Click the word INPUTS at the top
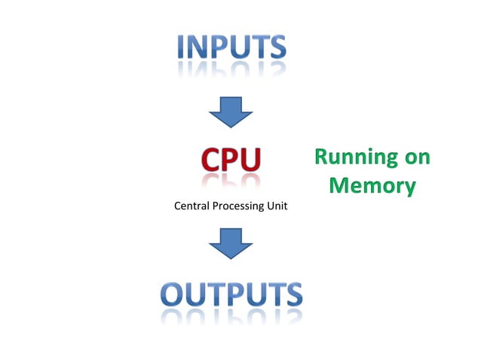point(231,47)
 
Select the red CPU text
point(231,159)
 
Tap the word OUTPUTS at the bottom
point(231,294)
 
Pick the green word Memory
point(372,185)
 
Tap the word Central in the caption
point(192,206)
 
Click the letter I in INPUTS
point(182,47)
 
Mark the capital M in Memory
point(341,185)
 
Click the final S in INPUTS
point(276,47)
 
